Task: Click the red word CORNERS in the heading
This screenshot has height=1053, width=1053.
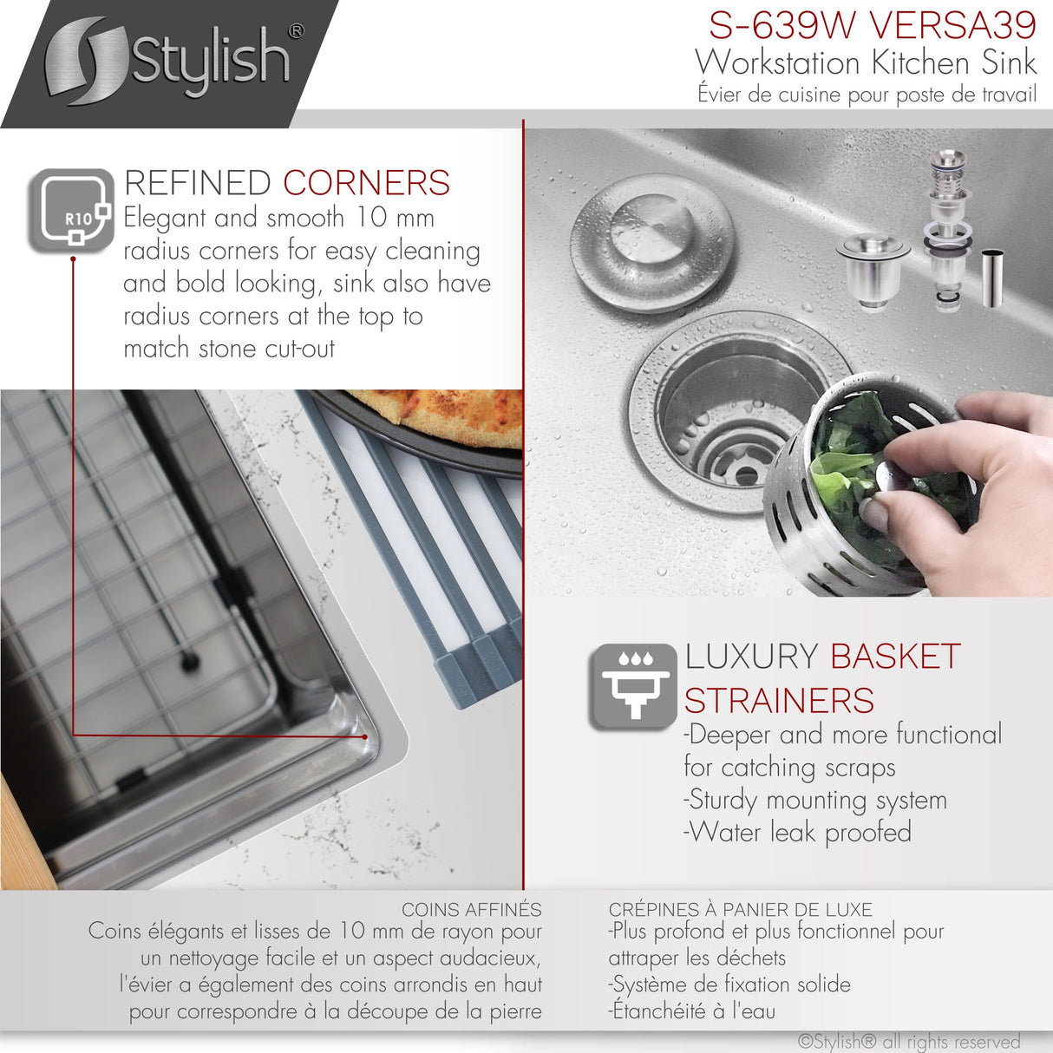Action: (x=366, y=183)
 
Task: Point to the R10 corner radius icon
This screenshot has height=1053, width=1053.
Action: (x=72, y=210)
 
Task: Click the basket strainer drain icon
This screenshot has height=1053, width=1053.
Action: (x=632, y=685)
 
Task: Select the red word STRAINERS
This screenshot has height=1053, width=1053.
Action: (x=779, y=701)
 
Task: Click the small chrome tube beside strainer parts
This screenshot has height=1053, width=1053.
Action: (x=993, y=277)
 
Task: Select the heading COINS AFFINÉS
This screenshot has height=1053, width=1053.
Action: (x=471, y=910)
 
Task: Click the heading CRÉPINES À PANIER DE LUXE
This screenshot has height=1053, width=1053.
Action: (x=740, y=910)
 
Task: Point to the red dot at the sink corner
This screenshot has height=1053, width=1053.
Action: (x=365, y=736)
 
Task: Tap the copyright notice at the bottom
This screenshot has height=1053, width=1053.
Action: (x=908, y=1041)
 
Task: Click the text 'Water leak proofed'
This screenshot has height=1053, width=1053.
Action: (x=798, y=833)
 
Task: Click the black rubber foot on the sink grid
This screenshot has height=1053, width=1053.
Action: (x=189, y=663)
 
